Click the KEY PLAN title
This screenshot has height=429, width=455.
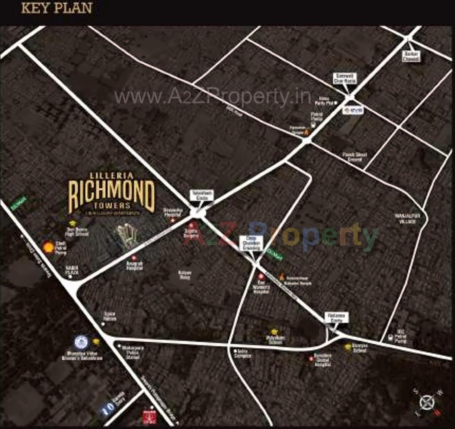pos(57,8)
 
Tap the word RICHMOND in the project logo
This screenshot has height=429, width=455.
pos(111,193)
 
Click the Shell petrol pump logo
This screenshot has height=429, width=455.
pos(49,247)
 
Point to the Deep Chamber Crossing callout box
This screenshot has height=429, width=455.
pos(251,244)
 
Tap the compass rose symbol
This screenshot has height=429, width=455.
pos(426,401)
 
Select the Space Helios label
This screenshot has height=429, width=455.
pos(110,317)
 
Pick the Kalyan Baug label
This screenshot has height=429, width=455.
pos(185,274)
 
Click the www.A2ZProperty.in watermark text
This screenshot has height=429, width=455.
pos(213,97)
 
